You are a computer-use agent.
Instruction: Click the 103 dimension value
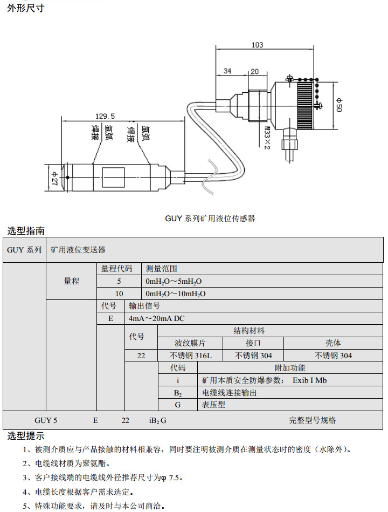[x=258, y=45]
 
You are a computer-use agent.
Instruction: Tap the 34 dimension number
[x=227, y=71]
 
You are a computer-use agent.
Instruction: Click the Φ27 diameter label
[x=54, y=177]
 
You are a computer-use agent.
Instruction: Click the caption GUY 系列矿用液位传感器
[x=210, y=219]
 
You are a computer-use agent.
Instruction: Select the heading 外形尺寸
[x=25, y=8]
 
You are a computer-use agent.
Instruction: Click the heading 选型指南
[x=25, y=231]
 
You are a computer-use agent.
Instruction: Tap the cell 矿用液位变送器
[x=78, y=250]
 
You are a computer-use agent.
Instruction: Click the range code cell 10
[x=119, y=293]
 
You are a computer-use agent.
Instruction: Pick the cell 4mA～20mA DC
[x=157, y=318]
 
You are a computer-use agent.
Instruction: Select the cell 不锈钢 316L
[x=191, y=356]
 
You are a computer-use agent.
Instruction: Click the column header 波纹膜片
[x=190, y=343]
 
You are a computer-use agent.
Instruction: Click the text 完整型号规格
[x=312, y=420]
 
